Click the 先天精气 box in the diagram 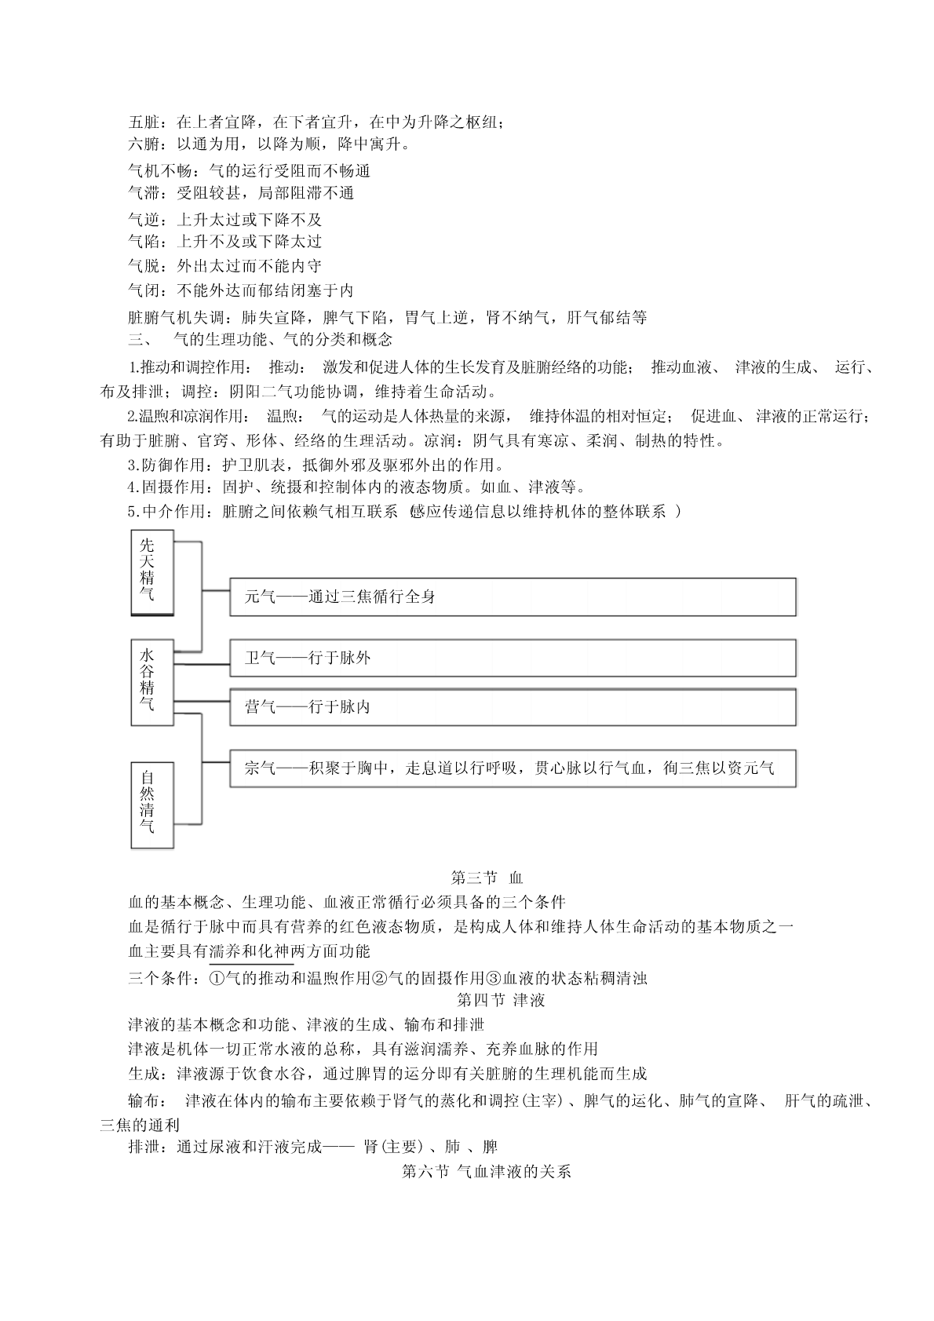(151, 572)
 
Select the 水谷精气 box (151, 681)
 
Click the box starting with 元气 (513, 597)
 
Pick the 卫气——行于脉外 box (513, 658)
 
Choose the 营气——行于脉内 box (513, 707)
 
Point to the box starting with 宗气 (513, 768)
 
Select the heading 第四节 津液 (501, 1000)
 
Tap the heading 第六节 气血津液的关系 (486, 1172)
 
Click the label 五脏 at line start (144, 122)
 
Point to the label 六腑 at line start (144, 144)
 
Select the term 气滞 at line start (144, 193)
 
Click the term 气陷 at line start (144, 242)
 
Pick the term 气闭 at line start (144, 290)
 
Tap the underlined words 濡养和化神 (250, 951)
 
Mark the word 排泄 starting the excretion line (144, 1147)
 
